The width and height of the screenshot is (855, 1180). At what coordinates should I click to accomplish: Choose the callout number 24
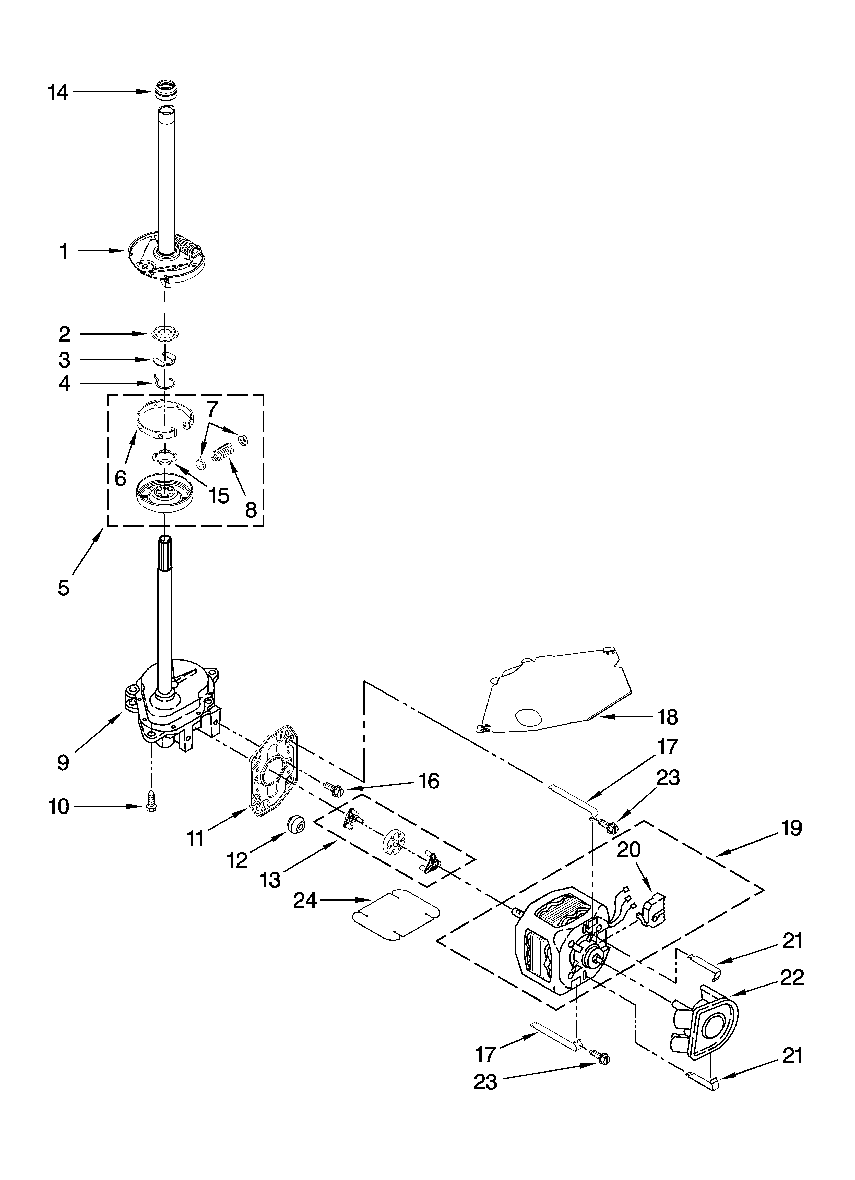(x=305, y=900)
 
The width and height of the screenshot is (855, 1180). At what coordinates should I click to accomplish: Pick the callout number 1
(x=64, y=252)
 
